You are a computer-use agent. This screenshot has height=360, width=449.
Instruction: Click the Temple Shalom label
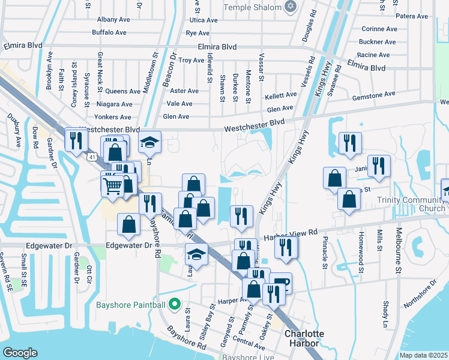coord(252,7)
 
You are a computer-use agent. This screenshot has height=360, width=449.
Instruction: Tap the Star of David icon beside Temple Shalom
coord(292,7)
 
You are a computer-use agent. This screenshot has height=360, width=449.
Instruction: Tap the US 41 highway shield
coord(91,157)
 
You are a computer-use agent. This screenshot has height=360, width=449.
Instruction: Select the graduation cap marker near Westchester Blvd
coord(149,143)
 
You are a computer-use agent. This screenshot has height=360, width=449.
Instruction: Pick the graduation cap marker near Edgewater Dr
coord(196,254)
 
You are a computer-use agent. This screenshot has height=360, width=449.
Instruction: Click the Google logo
coord(20,352)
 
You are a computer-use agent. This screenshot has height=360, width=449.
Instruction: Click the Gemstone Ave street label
coord(373,95)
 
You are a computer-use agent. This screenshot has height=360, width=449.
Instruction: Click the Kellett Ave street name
coord(281,95)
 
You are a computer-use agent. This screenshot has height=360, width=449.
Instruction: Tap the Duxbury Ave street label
coord(14,130)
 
